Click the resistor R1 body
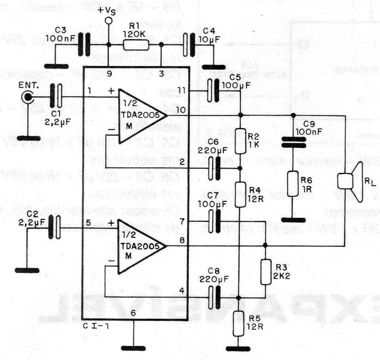click(x=136, y=45)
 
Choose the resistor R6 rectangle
click(x=293, y=184)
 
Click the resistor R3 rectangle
click(x=265, y=272)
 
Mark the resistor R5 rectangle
click(x=239, y=323)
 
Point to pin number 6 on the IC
click(x=133, y=313)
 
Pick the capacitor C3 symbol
click(x=84, y=45)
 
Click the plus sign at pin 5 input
click(x=110, y=223)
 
